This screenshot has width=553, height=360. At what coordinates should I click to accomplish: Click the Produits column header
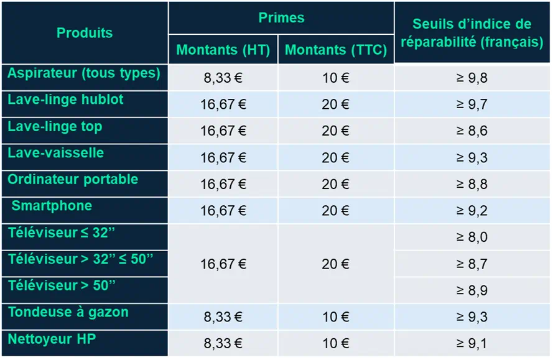85,33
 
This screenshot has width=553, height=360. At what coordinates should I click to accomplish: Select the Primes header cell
281,17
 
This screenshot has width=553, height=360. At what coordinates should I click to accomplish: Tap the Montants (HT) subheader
223,50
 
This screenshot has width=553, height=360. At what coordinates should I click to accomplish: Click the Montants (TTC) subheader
336,50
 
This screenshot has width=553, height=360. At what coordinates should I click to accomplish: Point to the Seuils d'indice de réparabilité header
472,33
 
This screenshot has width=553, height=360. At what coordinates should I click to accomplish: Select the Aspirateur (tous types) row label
84,73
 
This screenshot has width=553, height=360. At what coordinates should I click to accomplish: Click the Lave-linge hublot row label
65,99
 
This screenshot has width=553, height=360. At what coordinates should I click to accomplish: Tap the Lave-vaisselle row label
56,153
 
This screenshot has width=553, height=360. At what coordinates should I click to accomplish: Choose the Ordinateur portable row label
73,180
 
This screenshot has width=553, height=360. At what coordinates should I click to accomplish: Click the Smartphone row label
52,206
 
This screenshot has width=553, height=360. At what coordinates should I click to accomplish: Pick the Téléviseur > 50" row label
62,285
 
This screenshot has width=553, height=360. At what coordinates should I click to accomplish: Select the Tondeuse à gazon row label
68,312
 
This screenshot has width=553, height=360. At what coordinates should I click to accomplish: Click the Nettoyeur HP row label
52,339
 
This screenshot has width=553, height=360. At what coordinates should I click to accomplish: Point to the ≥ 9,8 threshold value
472,78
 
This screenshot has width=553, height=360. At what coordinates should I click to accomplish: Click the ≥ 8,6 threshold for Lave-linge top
472,131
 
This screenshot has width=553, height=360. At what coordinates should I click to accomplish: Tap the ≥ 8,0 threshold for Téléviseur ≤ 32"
472,237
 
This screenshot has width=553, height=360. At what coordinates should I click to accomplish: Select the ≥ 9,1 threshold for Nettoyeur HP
472,343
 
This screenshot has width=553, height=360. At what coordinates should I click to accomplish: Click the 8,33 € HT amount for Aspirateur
223,78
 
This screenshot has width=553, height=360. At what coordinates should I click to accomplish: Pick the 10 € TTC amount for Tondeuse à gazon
336,316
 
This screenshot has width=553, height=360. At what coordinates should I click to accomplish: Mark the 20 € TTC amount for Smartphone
335,211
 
